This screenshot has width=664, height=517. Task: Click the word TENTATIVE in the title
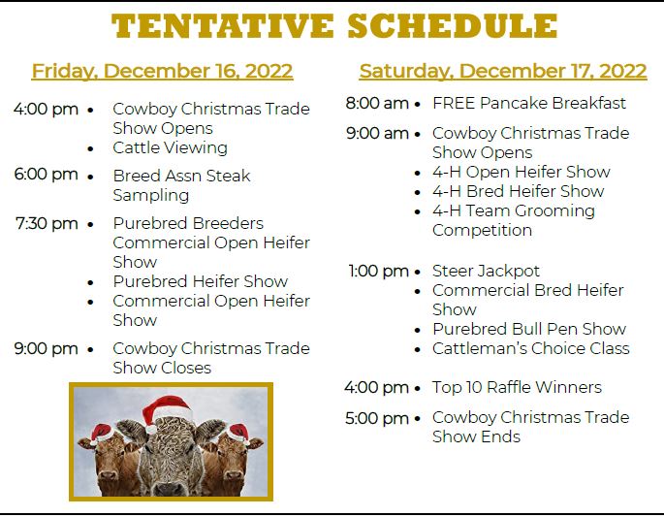coord(223,25)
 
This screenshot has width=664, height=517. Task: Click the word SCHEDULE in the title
coord(453,25)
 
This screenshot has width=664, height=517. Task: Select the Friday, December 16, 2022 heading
coord(162,71)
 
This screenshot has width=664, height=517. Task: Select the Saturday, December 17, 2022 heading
coord(503,71)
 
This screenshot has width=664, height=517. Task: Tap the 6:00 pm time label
coord(47,175)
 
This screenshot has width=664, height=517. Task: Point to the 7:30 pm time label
coord(47,223)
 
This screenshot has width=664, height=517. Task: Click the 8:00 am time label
coord(377,103)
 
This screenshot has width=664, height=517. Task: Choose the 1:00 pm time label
coord(379,272)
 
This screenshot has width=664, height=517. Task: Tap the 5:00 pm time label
coord(377,418)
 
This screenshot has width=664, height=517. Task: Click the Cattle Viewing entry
coord(171,147)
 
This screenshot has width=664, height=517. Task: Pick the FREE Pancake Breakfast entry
coord(529,103)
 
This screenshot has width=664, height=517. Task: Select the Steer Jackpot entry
coord(487,272)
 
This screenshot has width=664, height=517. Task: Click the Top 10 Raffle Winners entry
coord(517,387)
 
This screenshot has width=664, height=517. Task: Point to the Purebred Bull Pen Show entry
coord(529,329)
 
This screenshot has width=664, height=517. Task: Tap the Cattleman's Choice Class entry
coord(531,348)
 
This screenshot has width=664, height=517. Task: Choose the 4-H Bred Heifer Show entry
coord(519,191)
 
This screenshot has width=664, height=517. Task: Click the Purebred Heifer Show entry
coord(201,281)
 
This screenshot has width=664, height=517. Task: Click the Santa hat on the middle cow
coord(167,411)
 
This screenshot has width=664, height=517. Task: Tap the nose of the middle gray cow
coord(170,487)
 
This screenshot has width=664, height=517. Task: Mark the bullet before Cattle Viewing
coord(90,148)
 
